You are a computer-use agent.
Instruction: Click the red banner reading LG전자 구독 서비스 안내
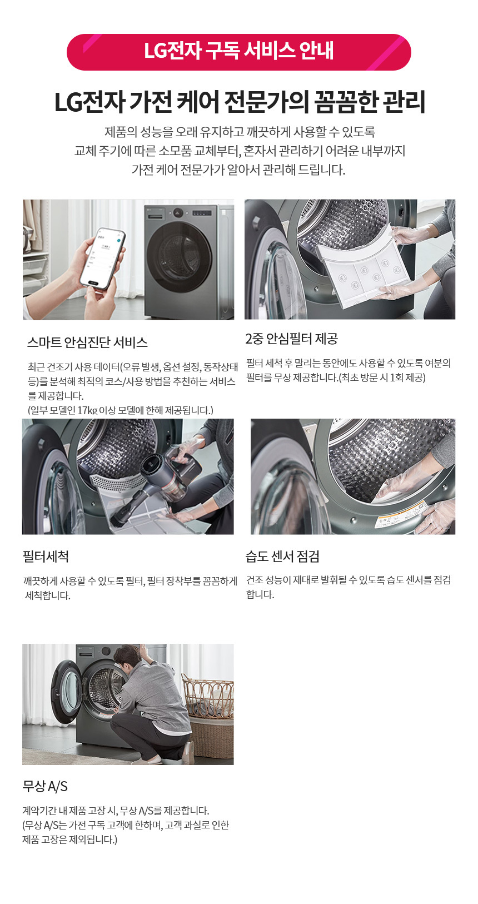coord(239,52)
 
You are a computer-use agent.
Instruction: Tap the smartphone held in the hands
coord(102,258)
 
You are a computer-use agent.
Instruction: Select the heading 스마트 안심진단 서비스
coord(87,342)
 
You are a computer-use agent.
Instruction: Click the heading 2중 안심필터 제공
coord(292,339)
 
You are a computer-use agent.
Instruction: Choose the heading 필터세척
coord(46,557)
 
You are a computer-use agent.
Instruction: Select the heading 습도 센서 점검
coord(282,557)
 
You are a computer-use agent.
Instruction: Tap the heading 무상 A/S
coord(45,786)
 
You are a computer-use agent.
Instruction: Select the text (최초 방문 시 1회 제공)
coord(382,378)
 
